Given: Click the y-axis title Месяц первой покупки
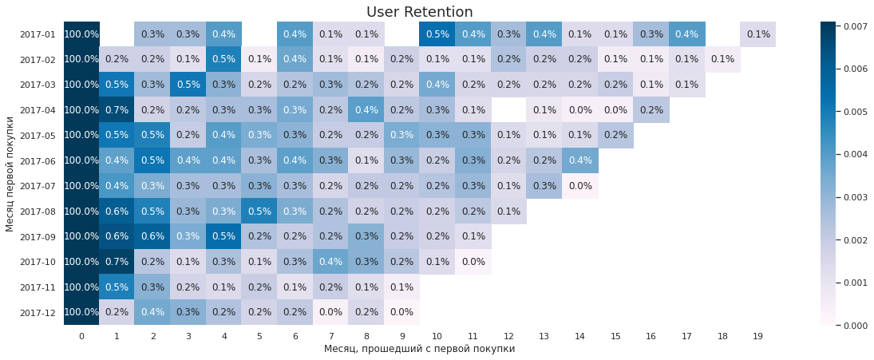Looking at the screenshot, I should [x=10, y=173].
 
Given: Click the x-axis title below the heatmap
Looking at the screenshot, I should [x=419, y=349].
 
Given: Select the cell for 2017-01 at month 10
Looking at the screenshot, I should [x=437, y=34].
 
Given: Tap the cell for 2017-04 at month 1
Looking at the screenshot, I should [x=117, y=110].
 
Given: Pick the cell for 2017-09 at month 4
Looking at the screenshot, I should [x=223, y=236].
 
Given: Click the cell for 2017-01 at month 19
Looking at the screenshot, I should [x=757, y=34].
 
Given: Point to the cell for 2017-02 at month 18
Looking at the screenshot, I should [x=722, y=59].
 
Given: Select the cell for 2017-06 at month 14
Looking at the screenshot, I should [x=580, y=160].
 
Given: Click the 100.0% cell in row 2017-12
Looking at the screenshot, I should [x=81, y=312].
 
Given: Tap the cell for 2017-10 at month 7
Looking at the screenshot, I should [x=330, y=262].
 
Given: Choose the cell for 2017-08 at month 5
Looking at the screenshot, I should [x=259, y=211].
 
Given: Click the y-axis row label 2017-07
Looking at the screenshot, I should [x=38, y=186].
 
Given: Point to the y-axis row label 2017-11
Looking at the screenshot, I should [x=38, y=287].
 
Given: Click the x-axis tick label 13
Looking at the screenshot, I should [x=544, y=336].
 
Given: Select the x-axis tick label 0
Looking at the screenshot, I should [x=81, y=336].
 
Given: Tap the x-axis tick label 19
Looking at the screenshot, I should [x=757, y=336].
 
